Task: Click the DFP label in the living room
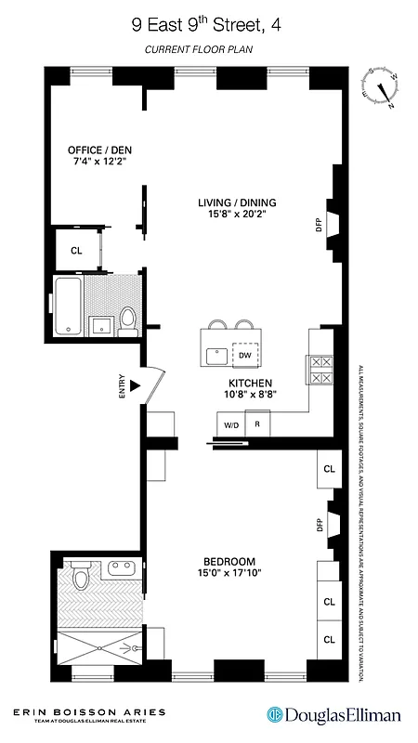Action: click(x=319, y=224)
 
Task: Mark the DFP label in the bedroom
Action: click(x=319, y=526)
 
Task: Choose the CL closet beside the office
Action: click(x=76, y=250)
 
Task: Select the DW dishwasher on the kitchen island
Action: click(x=244, y=355)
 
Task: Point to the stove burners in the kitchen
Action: click(x=320, y=371)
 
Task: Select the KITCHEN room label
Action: click(x=250, y=383)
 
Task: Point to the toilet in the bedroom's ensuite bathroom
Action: click(x=81, y=580)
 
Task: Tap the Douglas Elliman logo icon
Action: click(x=276, y=714)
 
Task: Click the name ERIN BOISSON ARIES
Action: click(x=89, y=711)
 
